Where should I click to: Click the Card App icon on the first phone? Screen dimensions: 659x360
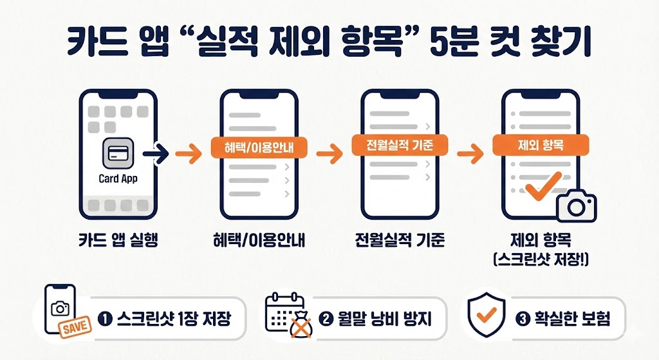[118, 154]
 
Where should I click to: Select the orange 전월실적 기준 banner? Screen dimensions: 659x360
[400, 146]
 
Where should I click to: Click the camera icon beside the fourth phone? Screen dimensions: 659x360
[577, 205]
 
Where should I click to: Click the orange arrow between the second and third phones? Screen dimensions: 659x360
[329, 153]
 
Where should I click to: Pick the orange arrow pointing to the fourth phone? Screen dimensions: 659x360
[470, 153]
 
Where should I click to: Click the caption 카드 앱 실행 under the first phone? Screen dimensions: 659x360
[117, 242]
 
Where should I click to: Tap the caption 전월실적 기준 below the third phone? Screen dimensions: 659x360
[400, 242]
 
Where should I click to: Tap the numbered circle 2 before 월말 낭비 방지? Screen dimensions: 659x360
[326, 318]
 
